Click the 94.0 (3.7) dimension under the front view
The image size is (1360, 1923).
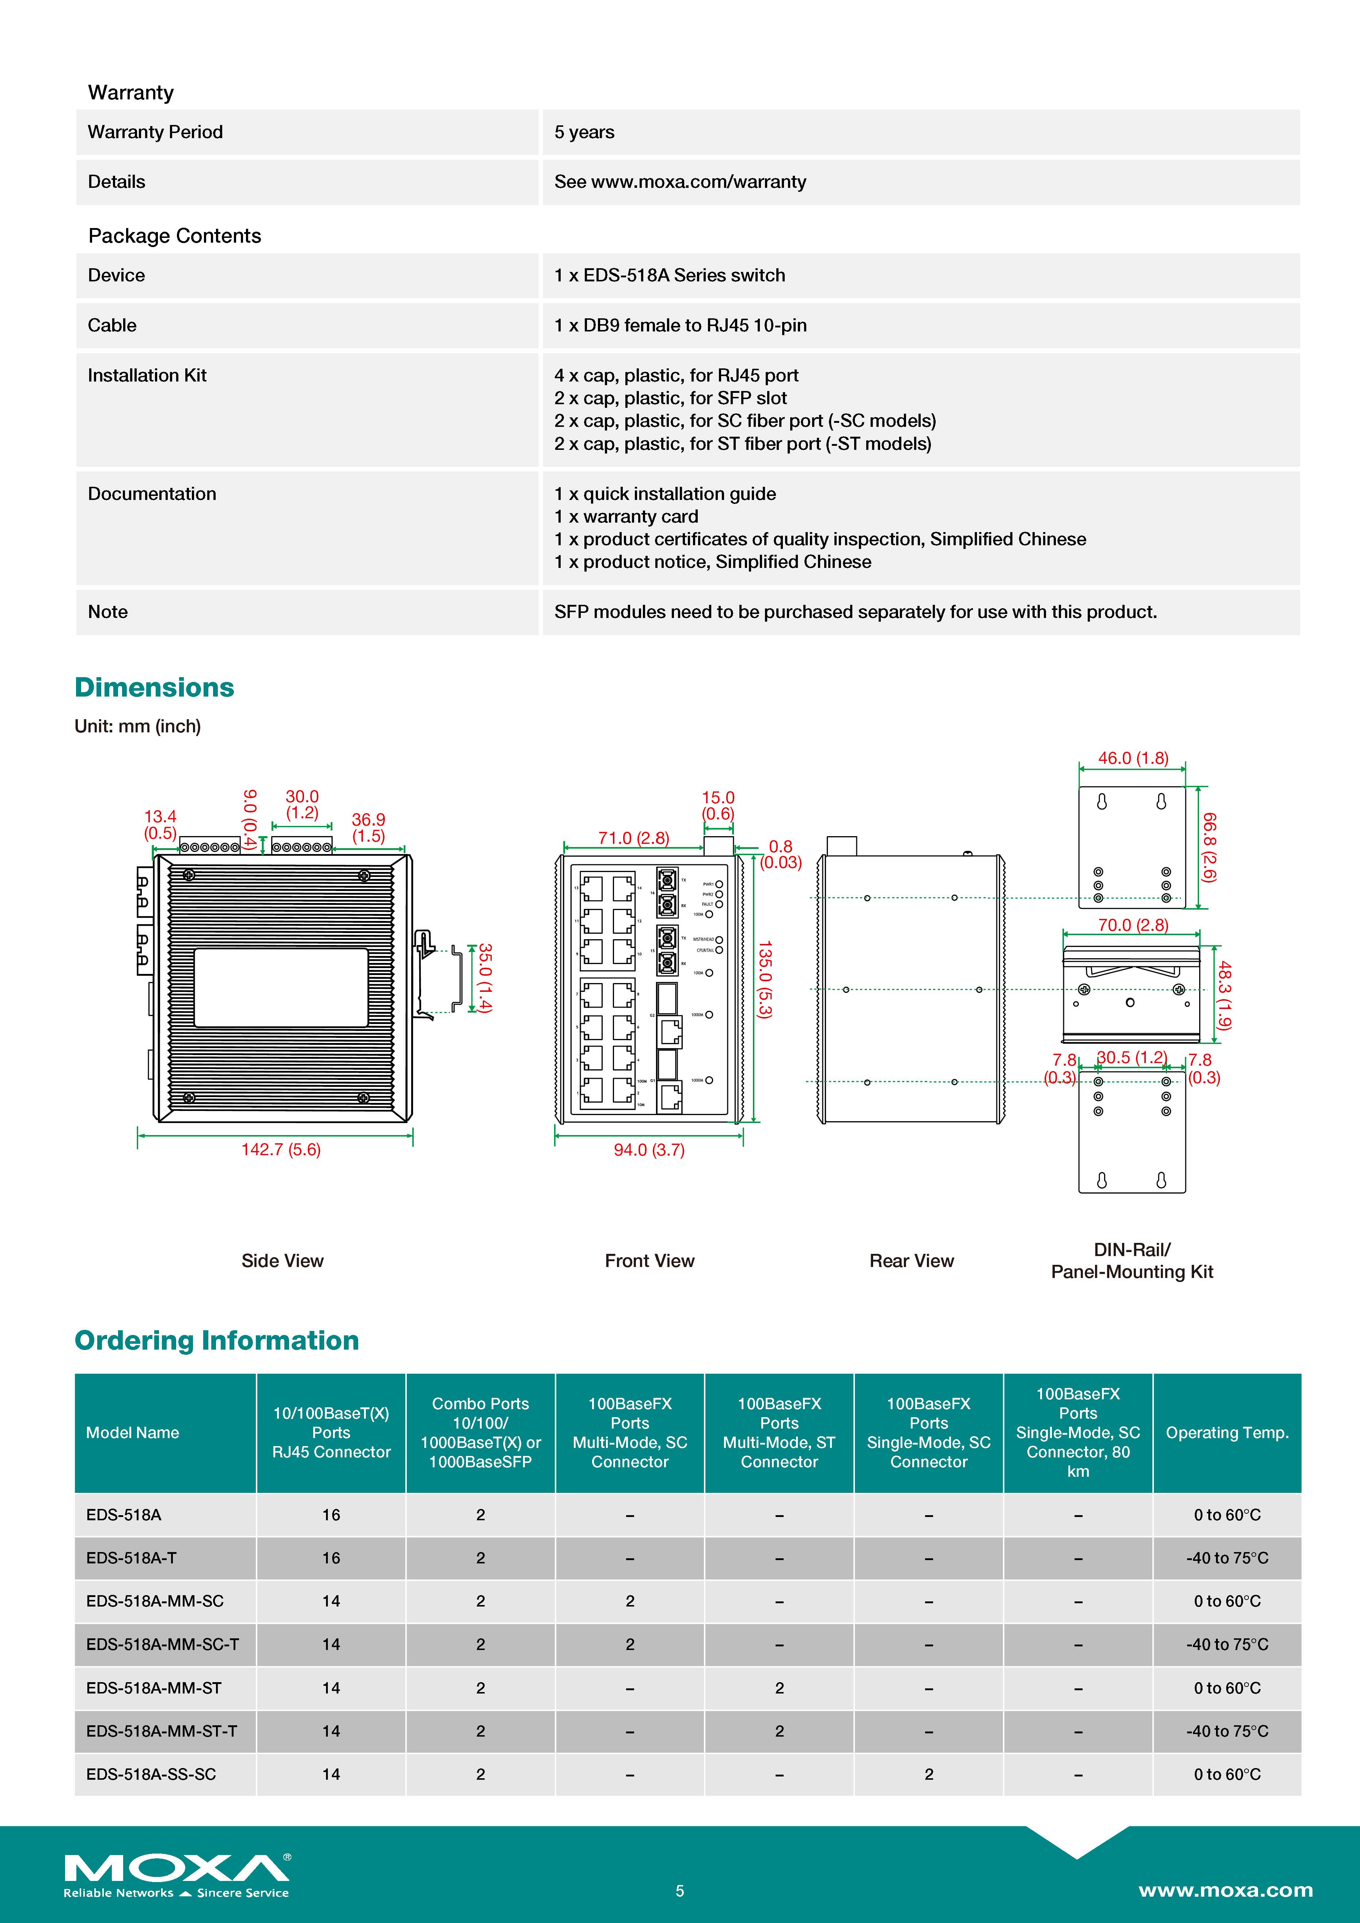pos(649,1150)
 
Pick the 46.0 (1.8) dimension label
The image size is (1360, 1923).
pos(1133,758)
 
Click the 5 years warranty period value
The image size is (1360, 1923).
pos(584,132)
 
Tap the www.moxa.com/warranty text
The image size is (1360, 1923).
pos(698,182)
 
